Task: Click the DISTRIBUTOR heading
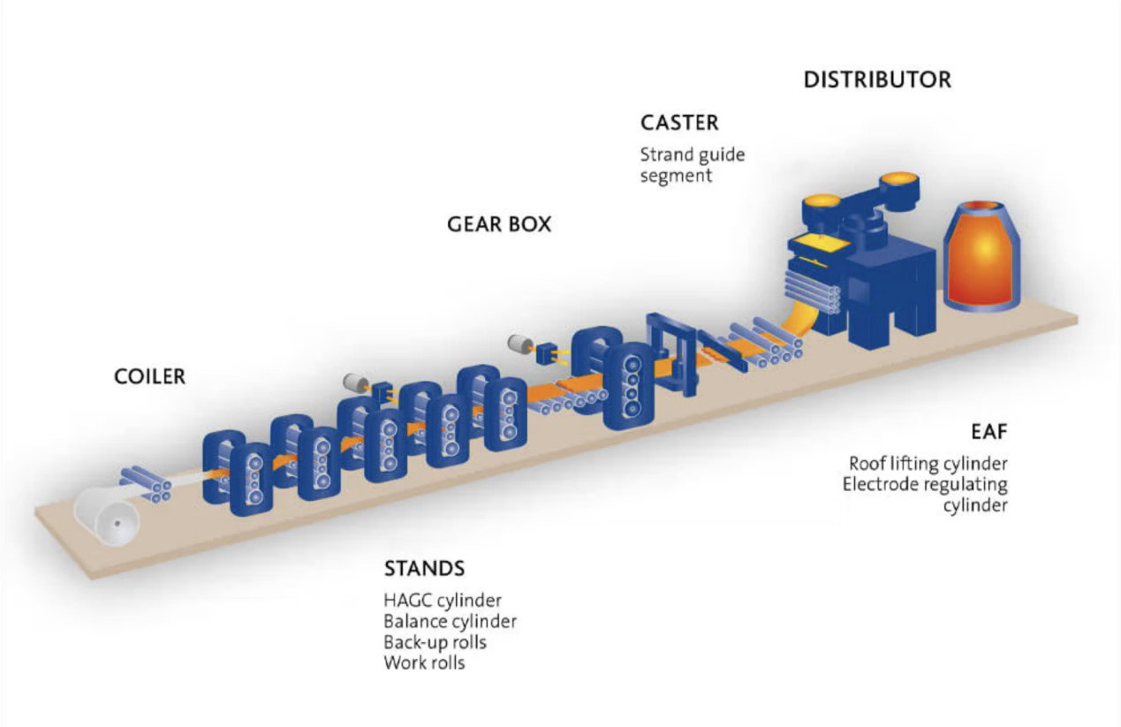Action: (x=877, y=80)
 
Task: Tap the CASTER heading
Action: (x=679, y=123)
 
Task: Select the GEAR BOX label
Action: (x=499, y=224)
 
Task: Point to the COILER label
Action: (x=149, y=377)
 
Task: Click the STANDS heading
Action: (x=424, y=569)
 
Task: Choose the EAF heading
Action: (x=988, y=432)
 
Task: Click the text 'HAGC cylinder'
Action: (x=443, y=601)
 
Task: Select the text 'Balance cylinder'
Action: (x=450, y=621)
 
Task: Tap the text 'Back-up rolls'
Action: (x=435, y=642)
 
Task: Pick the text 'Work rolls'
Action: (x=424, y=663)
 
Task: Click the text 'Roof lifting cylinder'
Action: (x=928, y=464)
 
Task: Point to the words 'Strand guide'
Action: (x=693, y=155)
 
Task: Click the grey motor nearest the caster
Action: (x=520, y=344)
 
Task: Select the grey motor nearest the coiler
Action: (x=356, y=382)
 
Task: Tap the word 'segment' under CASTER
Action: (x=676, y=177)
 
